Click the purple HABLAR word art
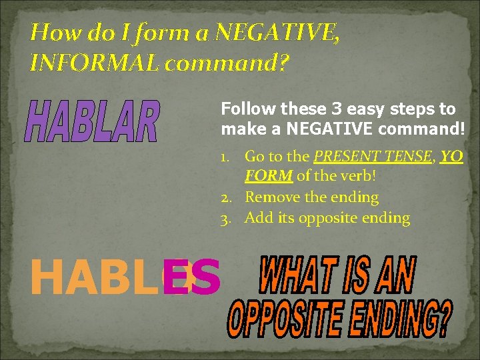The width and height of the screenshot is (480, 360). pos(93,122)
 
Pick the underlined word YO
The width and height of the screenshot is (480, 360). pos(452,157)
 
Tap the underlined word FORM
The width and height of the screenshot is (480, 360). pos(267,177)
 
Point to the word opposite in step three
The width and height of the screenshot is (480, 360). pos(322,218)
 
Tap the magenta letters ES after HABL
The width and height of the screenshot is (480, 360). pos(191,278)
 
